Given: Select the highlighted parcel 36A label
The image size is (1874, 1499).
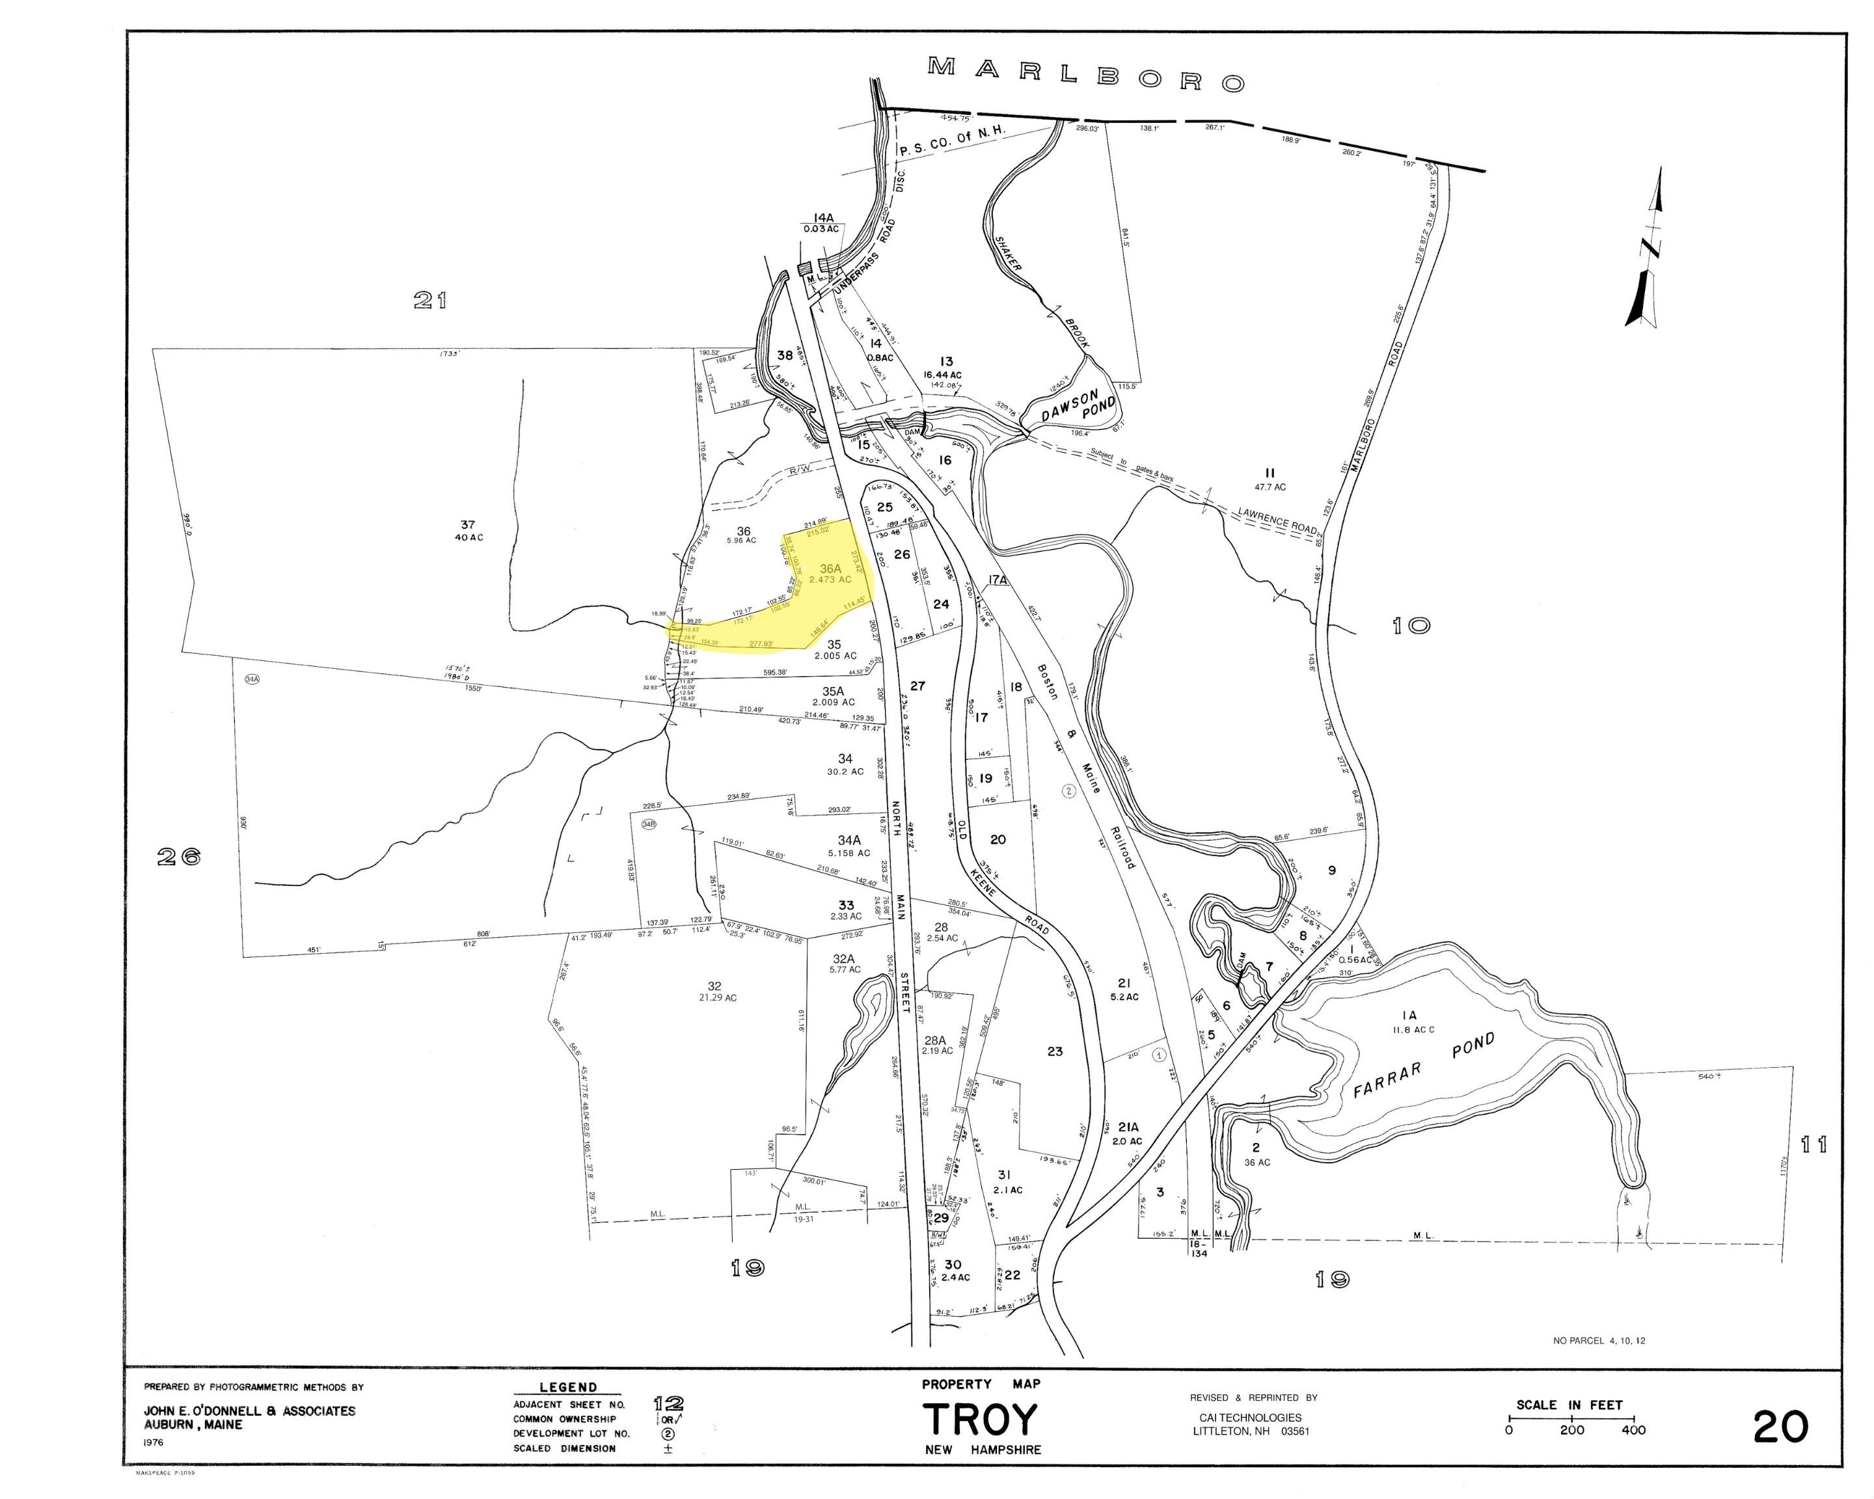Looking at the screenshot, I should [830, 569].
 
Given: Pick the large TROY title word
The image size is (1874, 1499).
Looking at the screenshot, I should [981, 1420].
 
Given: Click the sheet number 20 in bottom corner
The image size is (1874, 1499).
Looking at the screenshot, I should [1780, 1426].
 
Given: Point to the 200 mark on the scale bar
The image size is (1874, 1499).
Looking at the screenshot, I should [1571, 1430].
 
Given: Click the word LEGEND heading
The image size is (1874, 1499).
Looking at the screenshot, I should [569, 1388].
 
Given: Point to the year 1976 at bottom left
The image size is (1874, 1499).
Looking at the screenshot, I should [154, 1442].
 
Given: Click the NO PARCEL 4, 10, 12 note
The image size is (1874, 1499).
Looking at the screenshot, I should [1599, 1341].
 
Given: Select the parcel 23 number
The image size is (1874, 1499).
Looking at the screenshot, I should [1054, 1051].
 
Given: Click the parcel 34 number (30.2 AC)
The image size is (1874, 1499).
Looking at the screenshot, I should [845, 759].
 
